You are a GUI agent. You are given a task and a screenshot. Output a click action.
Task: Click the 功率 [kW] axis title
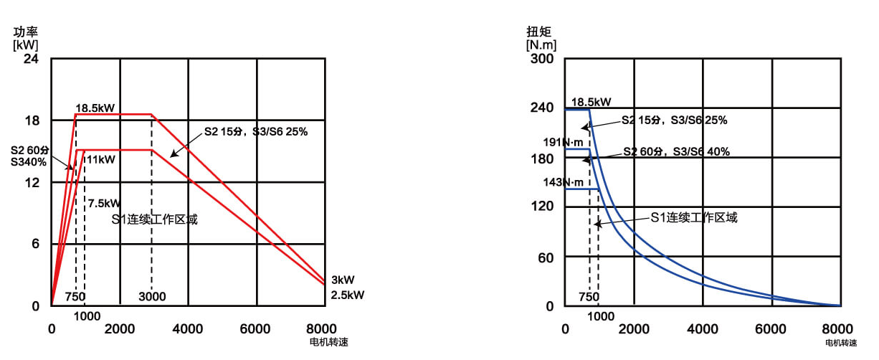(26, 38)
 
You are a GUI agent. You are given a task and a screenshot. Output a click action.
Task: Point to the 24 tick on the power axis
(31, 58)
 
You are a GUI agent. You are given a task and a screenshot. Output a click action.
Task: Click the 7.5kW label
(104, 204)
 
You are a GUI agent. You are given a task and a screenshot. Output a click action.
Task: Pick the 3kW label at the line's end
(343, 280)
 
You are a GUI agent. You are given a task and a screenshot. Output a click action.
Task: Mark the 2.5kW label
(347, 294)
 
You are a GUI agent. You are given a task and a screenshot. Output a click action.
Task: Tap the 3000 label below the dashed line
(153, 297)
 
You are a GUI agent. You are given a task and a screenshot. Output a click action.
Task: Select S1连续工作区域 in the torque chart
(693, 217)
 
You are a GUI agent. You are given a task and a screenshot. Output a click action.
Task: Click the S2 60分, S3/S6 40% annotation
(676, 151)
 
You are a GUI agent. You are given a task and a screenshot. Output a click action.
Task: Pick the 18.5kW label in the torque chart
(591, 102)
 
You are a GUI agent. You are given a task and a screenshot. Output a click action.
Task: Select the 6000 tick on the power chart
(256, 328)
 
